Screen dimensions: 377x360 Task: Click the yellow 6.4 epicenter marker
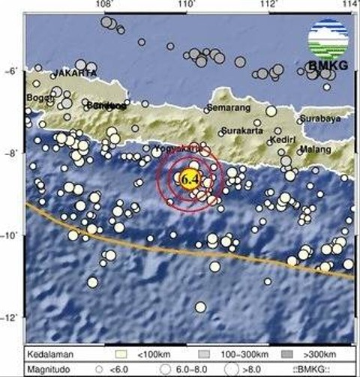(188, 178)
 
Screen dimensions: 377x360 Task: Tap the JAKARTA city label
(74, 73)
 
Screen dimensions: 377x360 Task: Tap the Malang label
(314, 149)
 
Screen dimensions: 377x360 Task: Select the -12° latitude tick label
(12, 319)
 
